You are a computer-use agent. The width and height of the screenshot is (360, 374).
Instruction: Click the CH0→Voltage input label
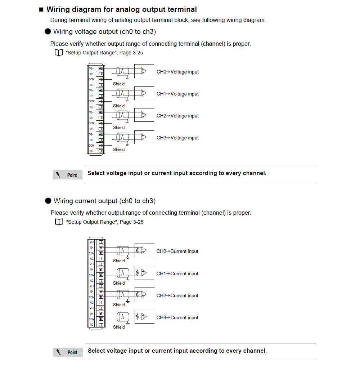coord(177,72)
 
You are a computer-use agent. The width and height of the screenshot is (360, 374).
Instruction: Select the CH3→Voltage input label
coord(177,138)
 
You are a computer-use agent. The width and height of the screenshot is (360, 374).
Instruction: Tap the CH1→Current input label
coord(177,274)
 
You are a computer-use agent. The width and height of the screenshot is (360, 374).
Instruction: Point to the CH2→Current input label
coord(177,296)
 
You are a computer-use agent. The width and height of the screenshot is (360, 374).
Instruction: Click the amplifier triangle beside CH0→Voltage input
coord(144,71)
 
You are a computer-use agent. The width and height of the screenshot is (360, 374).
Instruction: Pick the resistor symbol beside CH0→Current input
coord(137,250)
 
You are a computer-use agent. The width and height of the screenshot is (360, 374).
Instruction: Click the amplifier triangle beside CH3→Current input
coord(144,316)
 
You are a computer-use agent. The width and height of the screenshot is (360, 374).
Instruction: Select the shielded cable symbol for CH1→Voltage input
coord(122,93)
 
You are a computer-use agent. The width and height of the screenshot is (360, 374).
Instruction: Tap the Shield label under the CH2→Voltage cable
coord(119,128)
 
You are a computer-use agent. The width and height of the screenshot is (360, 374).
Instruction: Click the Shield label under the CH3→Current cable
coord(119,327)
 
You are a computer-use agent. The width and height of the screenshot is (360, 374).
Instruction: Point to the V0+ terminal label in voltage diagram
coord(91,68)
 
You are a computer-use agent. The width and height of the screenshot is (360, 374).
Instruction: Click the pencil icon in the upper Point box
coord(58,175)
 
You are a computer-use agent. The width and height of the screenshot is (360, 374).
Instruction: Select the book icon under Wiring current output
coord(59,222)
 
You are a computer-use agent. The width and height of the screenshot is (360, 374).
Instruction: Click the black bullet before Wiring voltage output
coord(48,32)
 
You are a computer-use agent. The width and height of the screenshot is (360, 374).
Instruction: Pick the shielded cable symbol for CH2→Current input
coord(122,294)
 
